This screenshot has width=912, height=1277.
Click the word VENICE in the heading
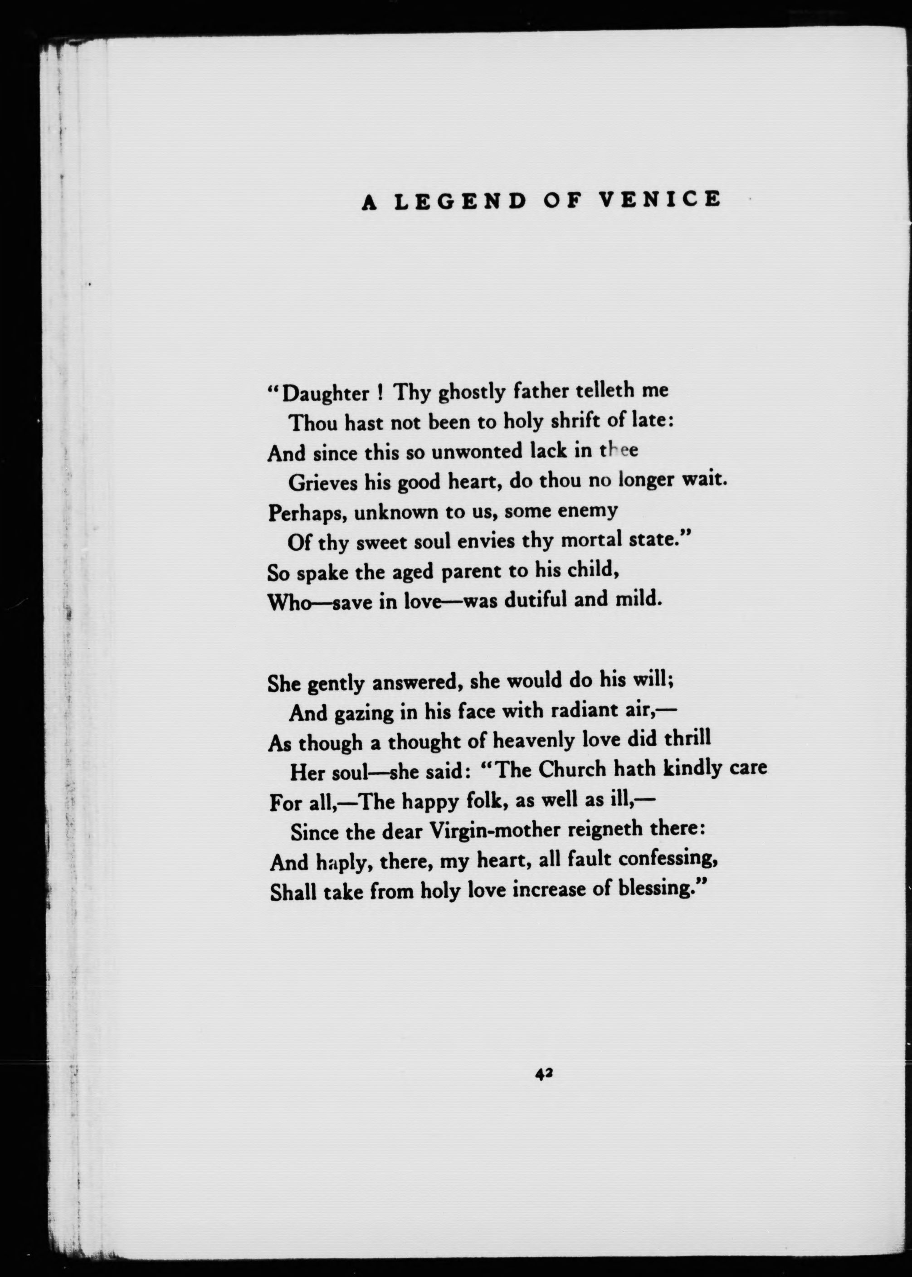(658, 200)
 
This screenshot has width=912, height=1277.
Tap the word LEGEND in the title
(460, 201)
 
